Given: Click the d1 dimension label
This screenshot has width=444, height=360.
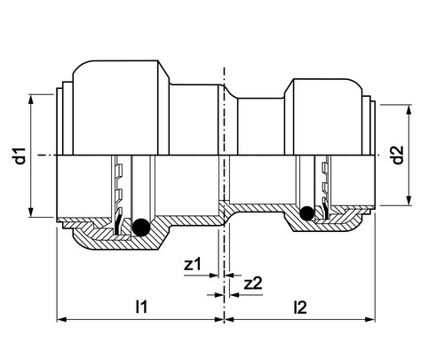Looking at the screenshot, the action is point(20,156).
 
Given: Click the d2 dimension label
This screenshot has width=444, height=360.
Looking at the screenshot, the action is point(398,156).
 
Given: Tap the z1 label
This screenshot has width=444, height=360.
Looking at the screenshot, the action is point(192,264).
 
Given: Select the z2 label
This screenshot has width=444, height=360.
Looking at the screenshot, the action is point(253,284).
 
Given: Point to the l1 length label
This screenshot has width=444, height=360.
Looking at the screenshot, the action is point(141,307).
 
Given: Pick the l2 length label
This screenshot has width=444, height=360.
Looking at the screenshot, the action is point(300,308).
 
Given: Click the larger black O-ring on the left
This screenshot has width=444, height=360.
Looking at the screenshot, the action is point(141,228).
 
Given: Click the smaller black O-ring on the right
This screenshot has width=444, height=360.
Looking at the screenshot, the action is point(307,213).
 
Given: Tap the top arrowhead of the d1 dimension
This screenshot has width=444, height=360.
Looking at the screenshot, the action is point(31,100).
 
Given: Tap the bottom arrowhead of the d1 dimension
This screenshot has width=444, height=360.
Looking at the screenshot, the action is point(31,212).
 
